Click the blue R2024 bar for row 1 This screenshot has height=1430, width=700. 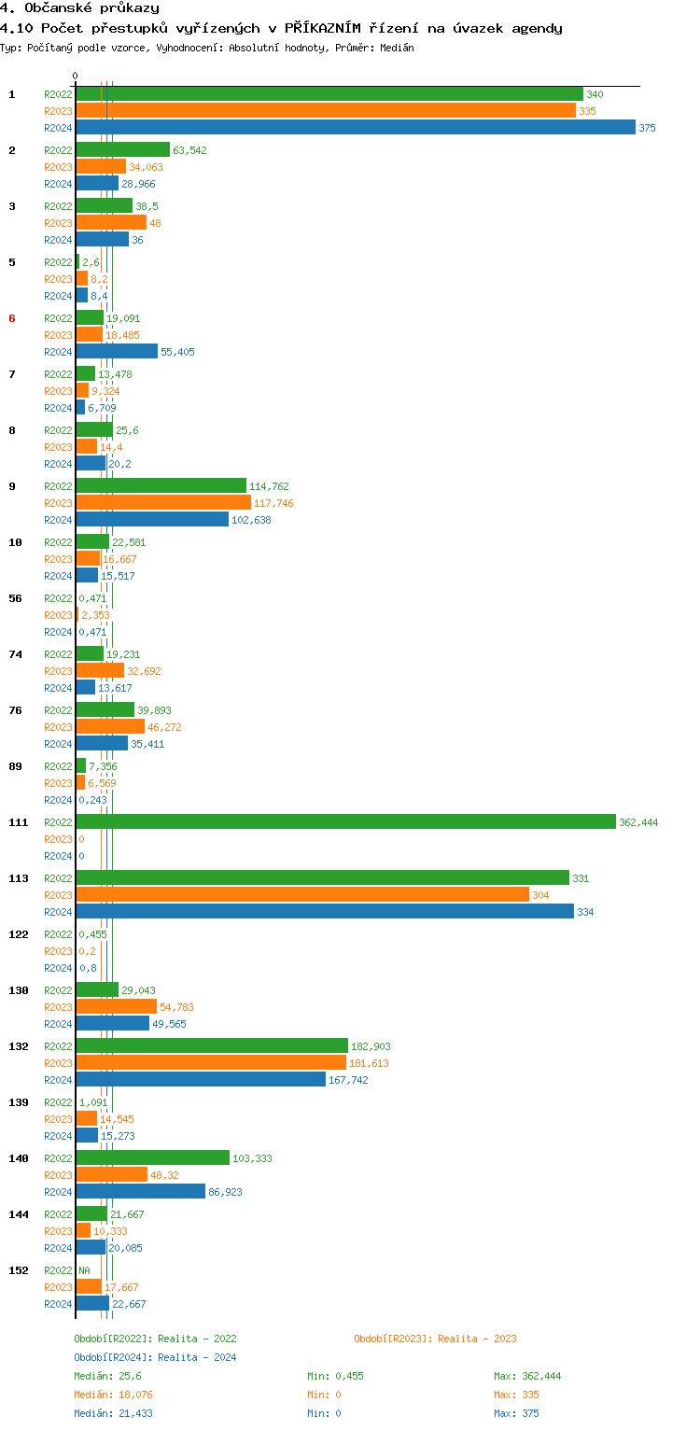click(x=355, y=128)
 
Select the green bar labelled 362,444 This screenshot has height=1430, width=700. click(x=345, y=822)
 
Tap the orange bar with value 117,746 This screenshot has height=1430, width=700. click(x=163, y=503)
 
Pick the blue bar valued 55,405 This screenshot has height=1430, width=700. click(x=117, y=352)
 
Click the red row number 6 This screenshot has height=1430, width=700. click(x=12, y=318)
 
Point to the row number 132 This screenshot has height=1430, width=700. click(x=18, y=1046)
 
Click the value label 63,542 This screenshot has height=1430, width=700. click(x=189, y=150)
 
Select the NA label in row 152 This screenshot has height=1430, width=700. click(x=84, y=1270)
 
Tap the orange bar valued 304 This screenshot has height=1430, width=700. click(x=302, y=895)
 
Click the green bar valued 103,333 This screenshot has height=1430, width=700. click(x=152, y=1158)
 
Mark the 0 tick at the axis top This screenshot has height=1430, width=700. click(x=76, y=77)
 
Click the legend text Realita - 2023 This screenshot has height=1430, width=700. click(x=476, y=1339)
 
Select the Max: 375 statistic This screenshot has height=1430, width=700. click(x=516, y=1413)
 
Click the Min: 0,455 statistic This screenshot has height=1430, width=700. click(x=341, y=1376)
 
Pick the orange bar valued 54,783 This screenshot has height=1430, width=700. click(x=116, y=1007)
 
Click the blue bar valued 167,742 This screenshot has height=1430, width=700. click(x=201, y=1080)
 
